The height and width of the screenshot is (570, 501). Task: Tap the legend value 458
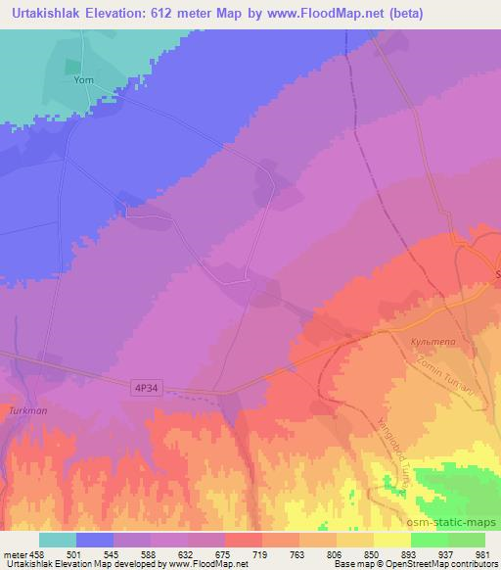[x=37, y=554]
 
